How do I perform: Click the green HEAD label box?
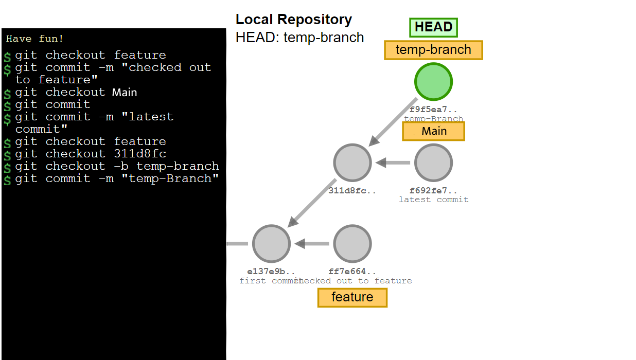point(433,27)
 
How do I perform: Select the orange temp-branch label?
point(433,50)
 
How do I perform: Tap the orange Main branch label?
point(433,131)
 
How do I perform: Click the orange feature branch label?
point(352,297)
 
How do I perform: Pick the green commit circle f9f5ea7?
point(433,82)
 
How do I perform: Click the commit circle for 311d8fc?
point(352,163)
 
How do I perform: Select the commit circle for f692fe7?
point(433,163)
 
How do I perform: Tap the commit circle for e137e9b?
point(272,243)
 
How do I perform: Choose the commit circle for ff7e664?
point(352,243)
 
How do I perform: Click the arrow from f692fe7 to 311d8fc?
point(393,163)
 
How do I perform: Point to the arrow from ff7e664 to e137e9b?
point(312,244)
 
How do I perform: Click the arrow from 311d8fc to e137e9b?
point(312,203)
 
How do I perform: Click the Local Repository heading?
point(294,20)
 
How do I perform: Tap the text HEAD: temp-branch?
point(299,38)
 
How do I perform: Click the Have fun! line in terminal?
point(35,39)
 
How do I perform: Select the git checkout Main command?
point(76,93)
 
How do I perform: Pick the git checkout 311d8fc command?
point(91,154)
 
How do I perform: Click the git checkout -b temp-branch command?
point(117,166)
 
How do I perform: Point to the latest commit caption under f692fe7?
point(433,200)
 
